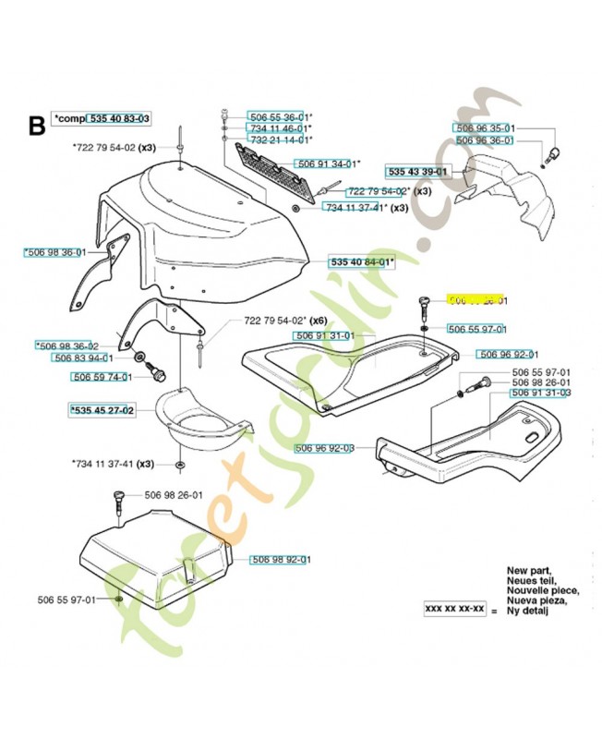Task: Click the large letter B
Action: coord(37,125)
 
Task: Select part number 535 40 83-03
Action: coord(118,119)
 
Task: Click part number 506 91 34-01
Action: coord(326,164)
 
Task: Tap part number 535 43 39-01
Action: coord(417,172)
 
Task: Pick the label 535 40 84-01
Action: coord(361,262)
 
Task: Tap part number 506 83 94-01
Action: coord(83,357)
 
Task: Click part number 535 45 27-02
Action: coord(102,409)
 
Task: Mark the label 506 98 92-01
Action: coord(281,559)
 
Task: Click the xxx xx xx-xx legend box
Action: coord(454,610)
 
